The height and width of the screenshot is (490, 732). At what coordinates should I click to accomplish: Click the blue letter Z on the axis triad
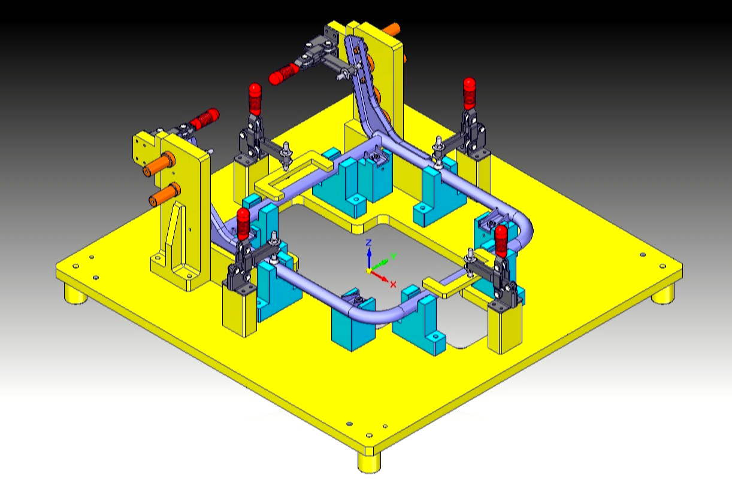coord(368,242)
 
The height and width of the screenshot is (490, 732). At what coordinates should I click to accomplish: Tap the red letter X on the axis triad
coord(393,284)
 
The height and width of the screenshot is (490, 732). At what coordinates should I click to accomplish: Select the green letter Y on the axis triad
coord(394,256)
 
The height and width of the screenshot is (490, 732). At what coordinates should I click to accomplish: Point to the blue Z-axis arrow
coord(369,258)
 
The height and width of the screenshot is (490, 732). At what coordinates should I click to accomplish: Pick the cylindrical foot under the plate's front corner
coord(369,462)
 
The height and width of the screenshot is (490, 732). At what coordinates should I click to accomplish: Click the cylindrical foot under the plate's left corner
coord(75,294)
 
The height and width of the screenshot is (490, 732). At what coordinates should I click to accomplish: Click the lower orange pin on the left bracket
coord(165,194)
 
